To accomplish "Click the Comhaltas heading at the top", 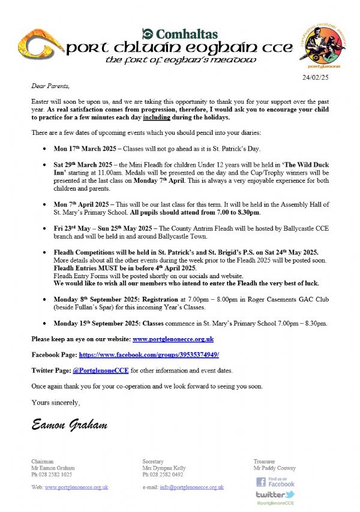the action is (x=179, y=34).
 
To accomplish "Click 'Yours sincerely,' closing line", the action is (x=55, y=402).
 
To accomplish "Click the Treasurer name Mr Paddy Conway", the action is (x=274, y=468).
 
